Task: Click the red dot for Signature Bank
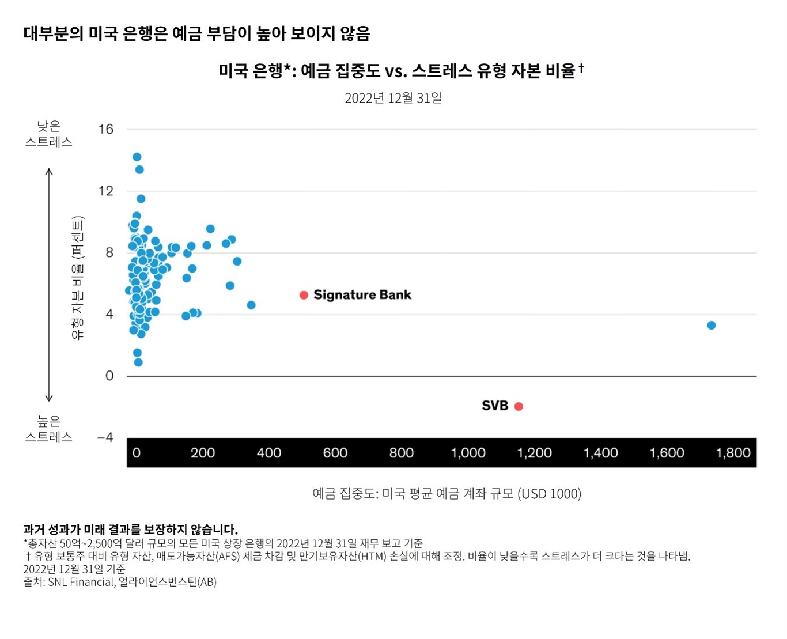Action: tap(304, 295)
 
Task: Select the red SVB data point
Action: tap(519, 406)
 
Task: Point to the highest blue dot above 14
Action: tap(137, 157)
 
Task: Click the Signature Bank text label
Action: tap(362, 295)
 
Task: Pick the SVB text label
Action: tap(495, 406)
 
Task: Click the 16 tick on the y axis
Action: tap(106, 129)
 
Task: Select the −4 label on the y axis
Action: tap(105, 437)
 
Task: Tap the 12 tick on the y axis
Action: tap(106, 191)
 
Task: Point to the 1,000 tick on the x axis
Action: tap(468, 453)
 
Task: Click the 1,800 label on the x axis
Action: tap(733, 453)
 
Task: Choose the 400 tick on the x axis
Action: tap(268, 453)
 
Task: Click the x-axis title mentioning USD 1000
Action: tap(447, 494)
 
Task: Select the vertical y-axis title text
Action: tap(78, 278)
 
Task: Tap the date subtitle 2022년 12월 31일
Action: tap(393, 98)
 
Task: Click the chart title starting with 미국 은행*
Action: tap(401, 71)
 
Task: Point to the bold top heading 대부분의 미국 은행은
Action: tap(196, 33)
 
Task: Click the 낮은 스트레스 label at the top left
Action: tap(49, 134)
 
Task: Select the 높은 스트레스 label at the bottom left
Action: tap(49, 429)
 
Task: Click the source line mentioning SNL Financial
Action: tap(120, 582)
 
